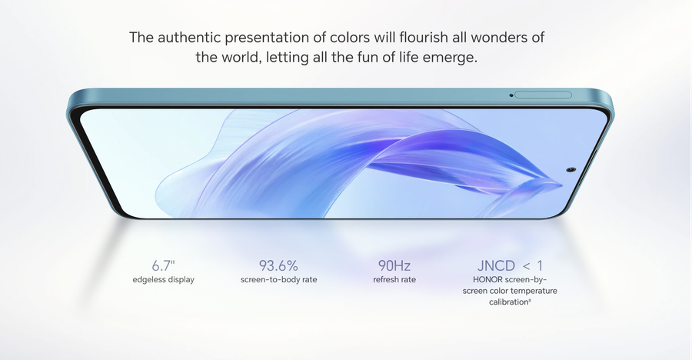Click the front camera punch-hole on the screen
click(571, 170)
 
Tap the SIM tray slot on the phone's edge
click(543, 95)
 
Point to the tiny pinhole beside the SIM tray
click(511, 95)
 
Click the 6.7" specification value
click(163, 265)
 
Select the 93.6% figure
click(278, 265)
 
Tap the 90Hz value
click(394, 265)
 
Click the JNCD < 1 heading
click(510, 265)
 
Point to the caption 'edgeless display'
click(163, 279)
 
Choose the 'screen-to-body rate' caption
click(278, 279)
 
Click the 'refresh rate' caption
click(394, 279)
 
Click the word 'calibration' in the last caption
click(509, 302)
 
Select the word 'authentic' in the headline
click(189, 37)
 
